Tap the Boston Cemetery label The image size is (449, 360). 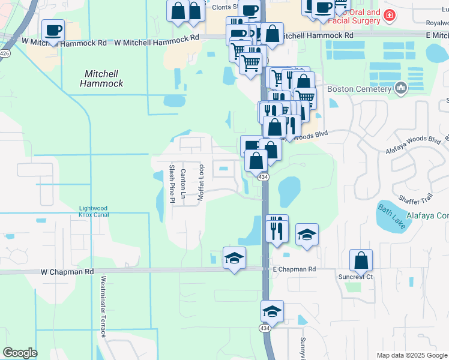pyautogui.click(x=359, y=89)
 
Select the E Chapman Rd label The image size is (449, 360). pyautogui.click(x=294, y=270)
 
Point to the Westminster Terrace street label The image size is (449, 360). pyautogui.click(x=103, y=306)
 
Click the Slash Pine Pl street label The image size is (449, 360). pyautogui.click(x=172, y=183)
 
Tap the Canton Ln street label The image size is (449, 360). pyautogui.click(x=183, y=184)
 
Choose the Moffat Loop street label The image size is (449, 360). pyautogui.click(x=202, y=182)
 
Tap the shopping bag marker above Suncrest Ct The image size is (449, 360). pyautogui.click(x=361, y=260)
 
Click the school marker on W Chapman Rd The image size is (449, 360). pyautogui.click(x=234, y=258)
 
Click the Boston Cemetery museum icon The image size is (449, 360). pyautogui.click(x=400, y=89)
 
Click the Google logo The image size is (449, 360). pyautogui.click(x=20, y=353)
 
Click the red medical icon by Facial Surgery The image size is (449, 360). pyautogui.click(x=390, y=15)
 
